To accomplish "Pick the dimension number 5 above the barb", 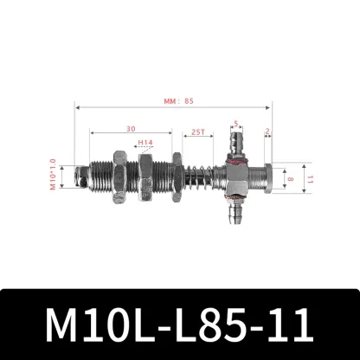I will [236, 124].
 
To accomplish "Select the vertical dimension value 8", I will [291, 180].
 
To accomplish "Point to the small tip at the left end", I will [80, 179].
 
